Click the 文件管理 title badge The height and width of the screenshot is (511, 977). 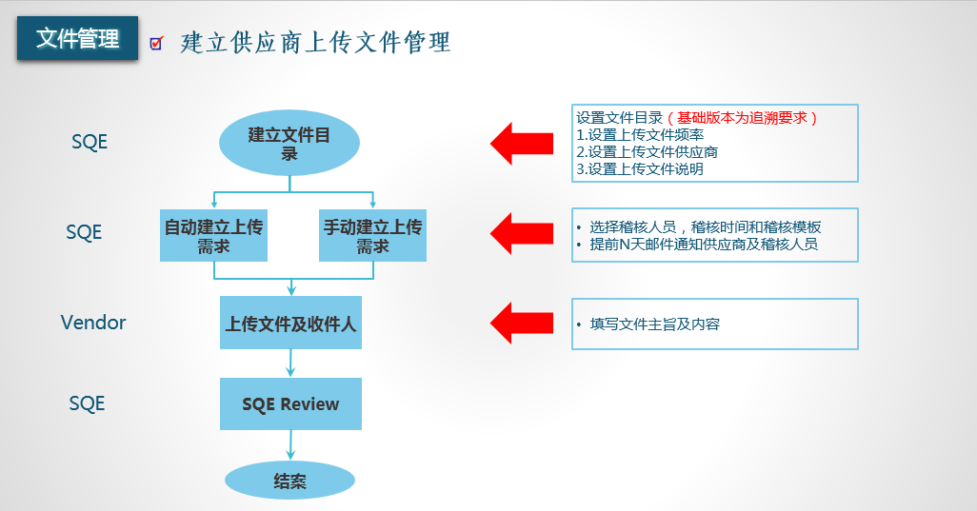(x=77, y=38)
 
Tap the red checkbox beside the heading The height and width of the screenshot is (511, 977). (x=156, y=43)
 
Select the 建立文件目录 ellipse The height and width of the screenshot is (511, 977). (x=289, y=143)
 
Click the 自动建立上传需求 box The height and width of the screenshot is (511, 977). (x=213, y=236)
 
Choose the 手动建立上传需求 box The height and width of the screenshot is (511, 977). (x=372, y=236)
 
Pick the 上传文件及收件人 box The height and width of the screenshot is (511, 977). (x=291, y=323)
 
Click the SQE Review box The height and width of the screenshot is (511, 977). (x=291, y=403)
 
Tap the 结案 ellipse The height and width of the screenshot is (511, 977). (x=289, y=481)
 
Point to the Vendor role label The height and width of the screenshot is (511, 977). (x=92, y=323)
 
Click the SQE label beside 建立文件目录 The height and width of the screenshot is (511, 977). (x=90, y=142)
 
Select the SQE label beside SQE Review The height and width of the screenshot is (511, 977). (x=87, y=403)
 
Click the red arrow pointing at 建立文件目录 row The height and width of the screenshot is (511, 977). (x=522, y=144)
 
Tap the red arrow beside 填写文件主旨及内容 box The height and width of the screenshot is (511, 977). (x=522, y=323)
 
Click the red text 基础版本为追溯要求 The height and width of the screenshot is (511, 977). (x=742, y=118)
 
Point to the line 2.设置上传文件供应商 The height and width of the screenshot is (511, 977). (x=647, y=152)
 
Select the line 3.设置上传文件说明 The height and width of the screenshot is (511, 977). (x=640, y=168)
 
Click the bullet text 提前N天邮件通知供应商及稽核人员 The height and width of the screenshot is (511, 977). (x=704, y=244)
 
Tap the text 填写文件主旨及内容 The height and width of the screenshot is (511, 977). (x=655, y=324)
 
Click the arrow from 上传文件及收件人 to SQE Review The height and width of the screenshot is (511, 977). (x=290, y=364)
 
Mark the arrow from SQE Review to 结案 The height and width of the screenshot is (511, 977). (x=290, y=445)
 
